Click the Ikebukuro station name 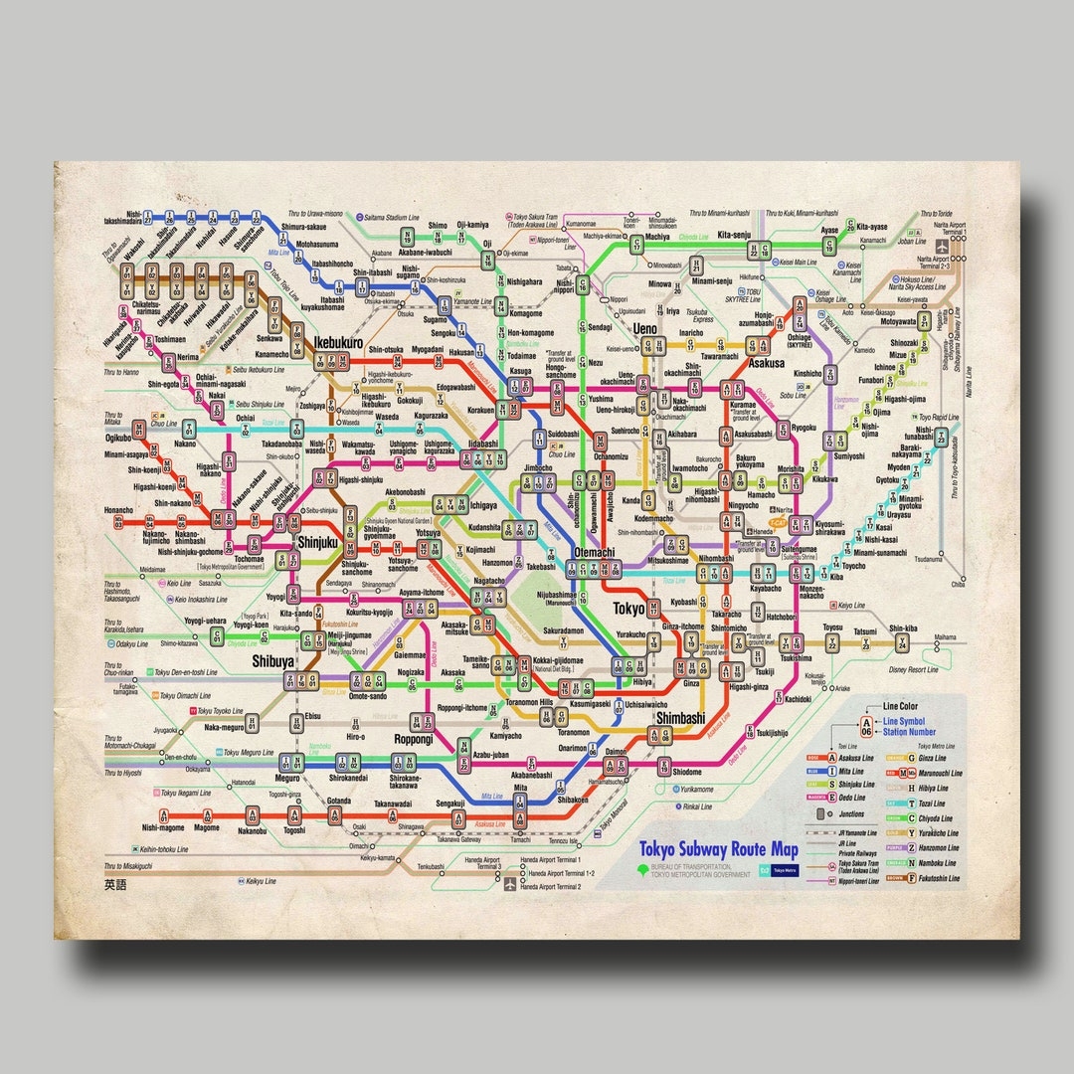[x=338, y=342]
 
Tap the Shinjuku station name [x=318, y=543]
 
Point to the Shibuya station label [x=272, y=660]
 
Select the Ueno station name [x=644, y=328]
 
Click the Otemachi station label [x=594, y=552]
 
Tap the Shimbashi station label [x=680, y=717]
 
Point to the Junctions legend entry [x=851, y=812]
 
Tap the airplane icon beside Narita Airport [x=942, y=248]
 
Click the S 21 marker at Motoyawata [x=924, y=320]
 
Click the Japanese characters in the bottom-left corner [x=116, y=883]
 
